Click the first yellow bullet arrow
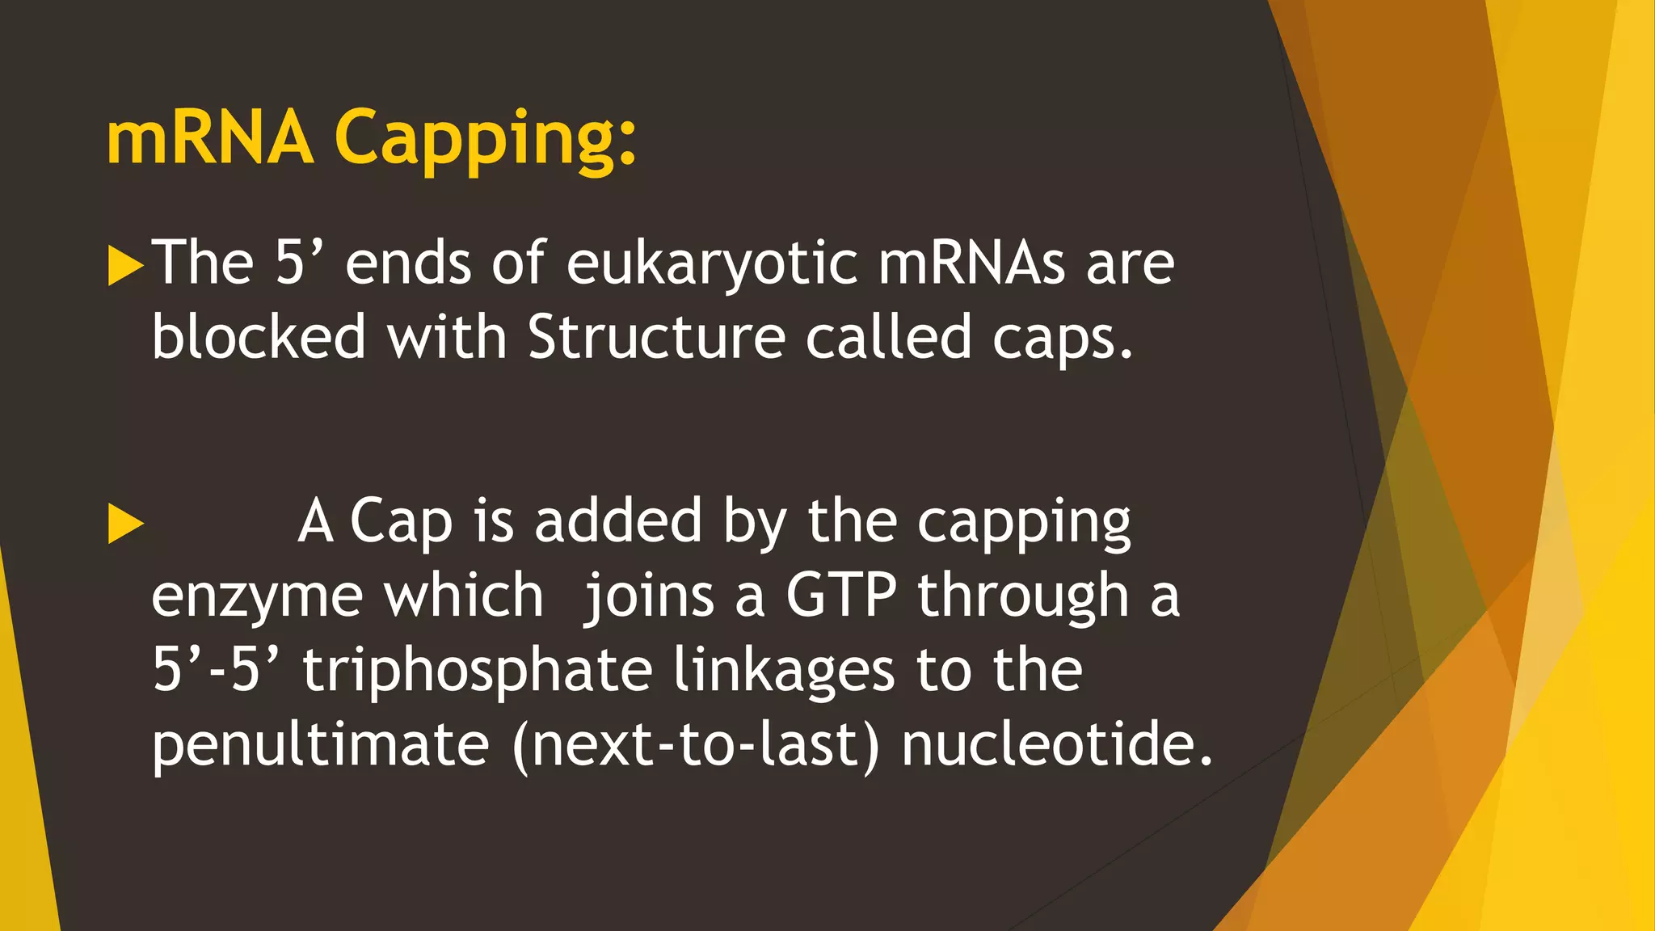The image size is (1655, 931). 124,266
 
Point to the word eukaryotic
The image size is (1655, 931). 711,264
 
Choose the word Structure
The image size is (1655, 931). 656,337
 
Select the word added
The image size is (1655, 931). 618,521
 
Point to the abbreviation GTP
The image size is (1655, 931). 840,596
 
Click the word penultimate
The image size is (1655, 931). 320,745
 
